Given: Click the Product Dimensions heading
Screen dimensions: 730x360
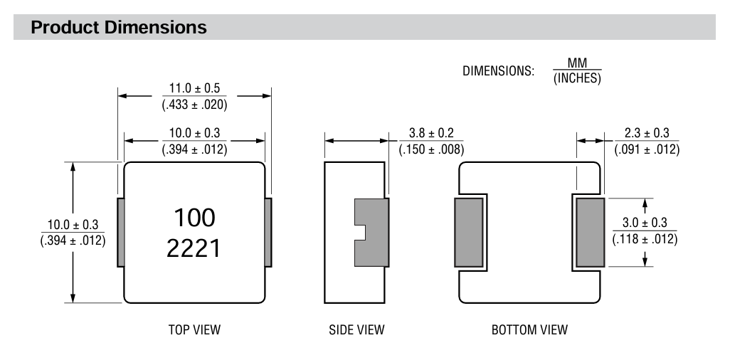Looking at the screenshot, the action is tap(119, 27).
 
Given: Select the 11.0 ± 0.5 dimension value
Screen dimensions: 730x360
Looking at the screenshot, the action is tap(194, 88).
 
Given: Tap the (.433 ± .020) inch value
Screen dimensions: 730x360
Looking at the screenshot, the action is tap(195, 105).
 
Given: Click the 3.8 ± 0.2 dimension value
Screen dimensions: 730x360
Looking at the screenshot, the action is tap(431, 133).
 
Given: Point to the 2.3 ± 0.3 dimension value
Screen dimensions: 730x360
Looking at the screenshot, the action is tap(647, 133).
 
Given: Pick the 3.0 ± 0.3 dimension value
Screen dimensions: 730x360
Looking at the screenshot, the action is tap(645, 222).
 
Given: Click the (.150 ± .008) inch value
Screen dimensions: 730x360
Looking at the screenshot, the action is tap(432, 149).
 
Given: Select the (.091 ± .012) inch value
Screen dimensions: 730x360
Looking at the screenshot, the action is tap(647, 149).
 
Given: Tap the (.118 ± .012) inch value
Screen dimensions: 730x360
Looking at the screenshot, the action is tap(645, 239).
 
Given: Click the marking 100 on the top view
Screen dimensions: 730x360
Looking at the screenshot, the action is tap(195, 218).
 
